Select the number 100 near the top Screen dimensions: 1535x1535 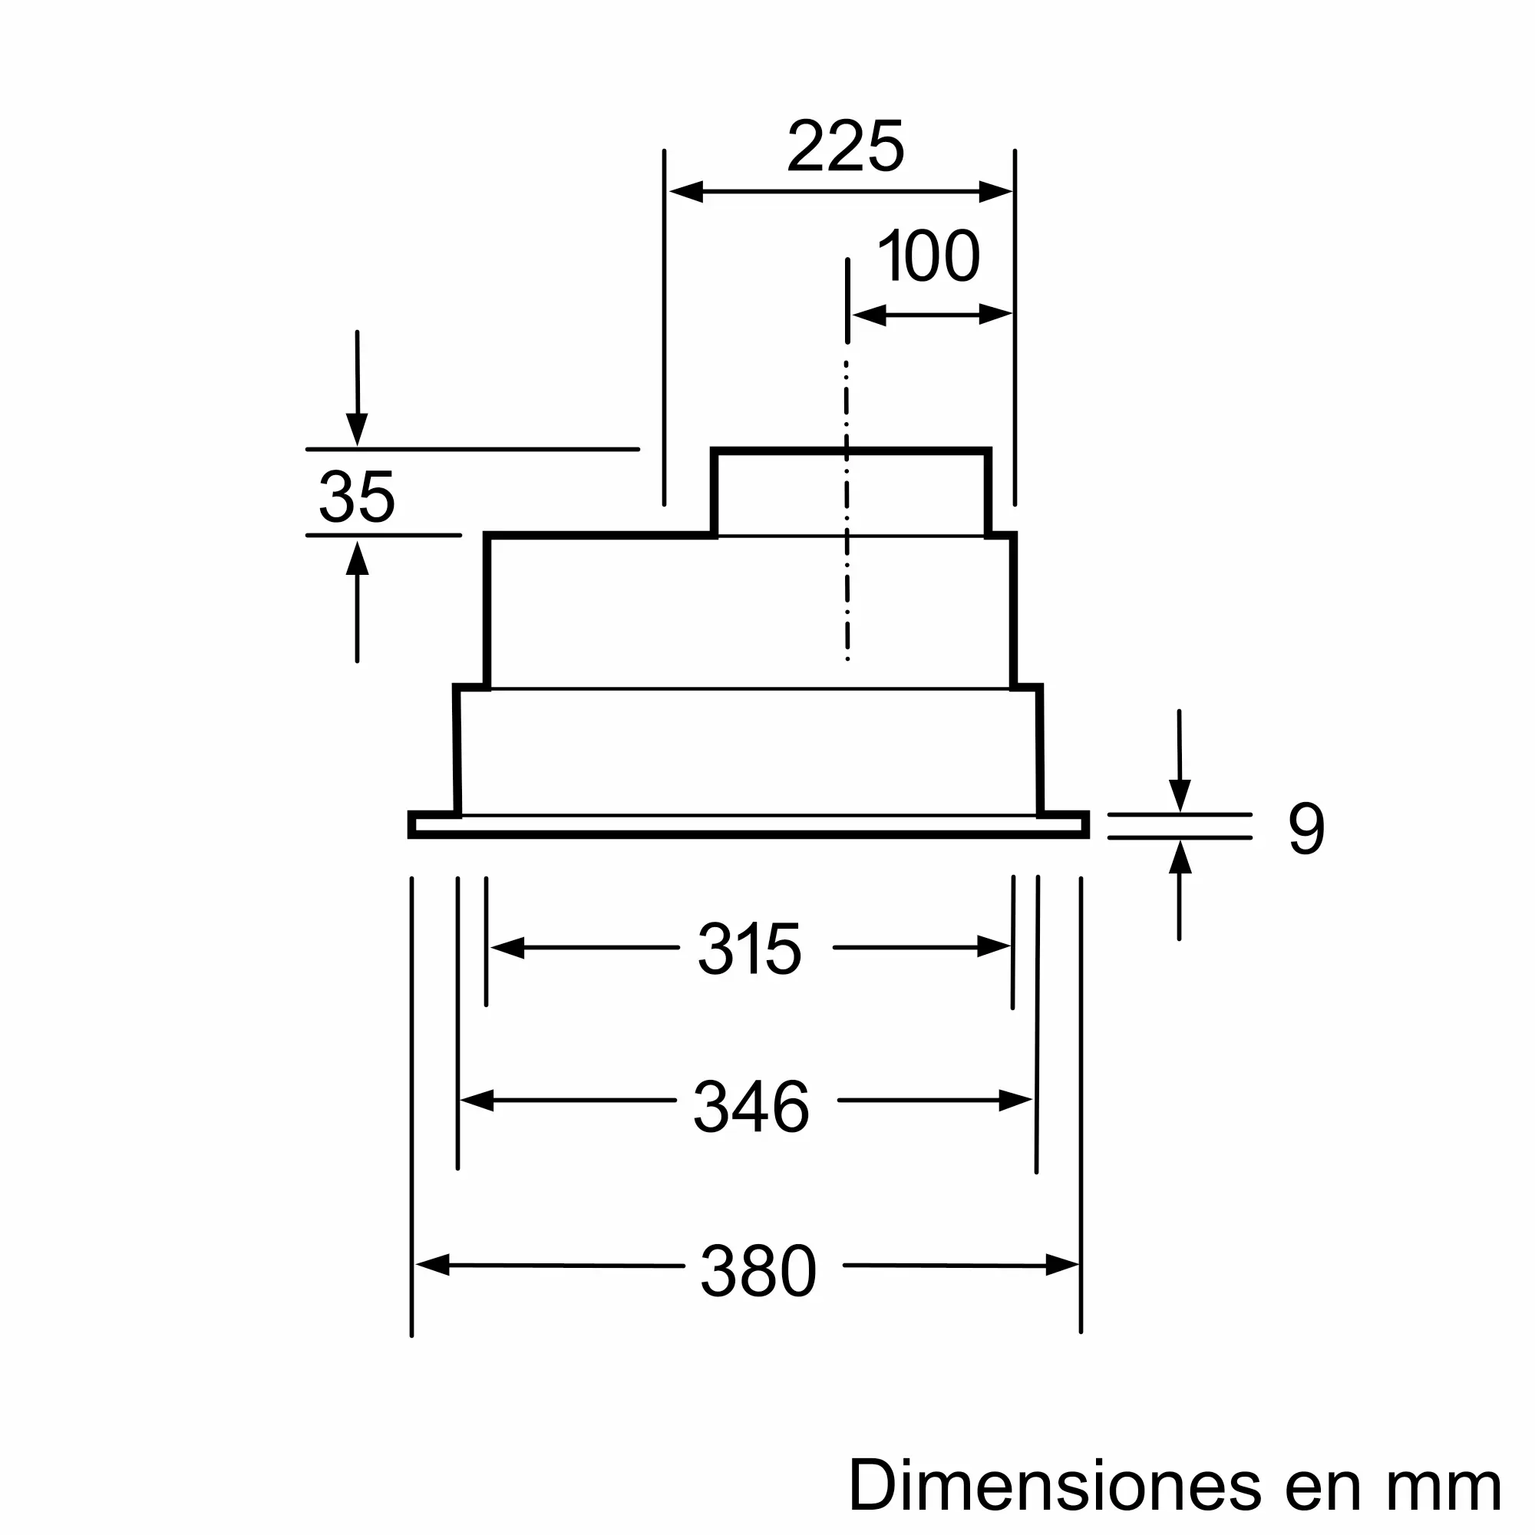pos(929,256)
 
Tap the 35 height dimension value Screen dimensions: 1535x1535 pos(357,497)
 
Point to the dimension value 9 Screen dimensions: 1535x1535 pos(1306,828)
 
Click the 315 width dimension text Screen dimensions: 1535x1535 pos(750,949)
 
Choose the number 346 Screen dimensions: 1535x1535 pos(751,1106)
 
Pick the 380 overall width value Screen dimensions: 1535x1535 pos(759,1271)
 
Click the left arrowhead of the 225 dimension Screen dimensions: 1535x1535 pos(686,191)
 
